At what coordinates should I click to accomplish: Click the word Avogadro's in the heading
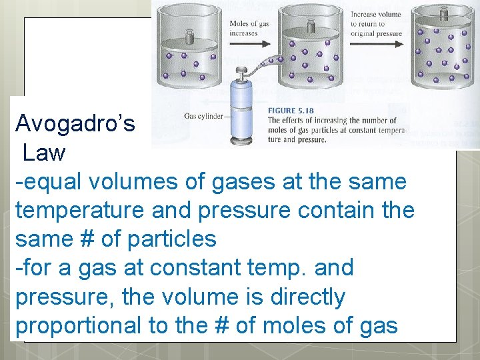(75, 123)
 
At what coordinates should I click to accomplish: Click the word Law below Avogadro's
(44, 153)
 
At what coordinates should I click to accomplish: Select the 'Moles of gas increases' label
(249, 28)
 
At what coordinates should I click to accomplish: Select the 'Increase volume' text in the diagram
(377, 13)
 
